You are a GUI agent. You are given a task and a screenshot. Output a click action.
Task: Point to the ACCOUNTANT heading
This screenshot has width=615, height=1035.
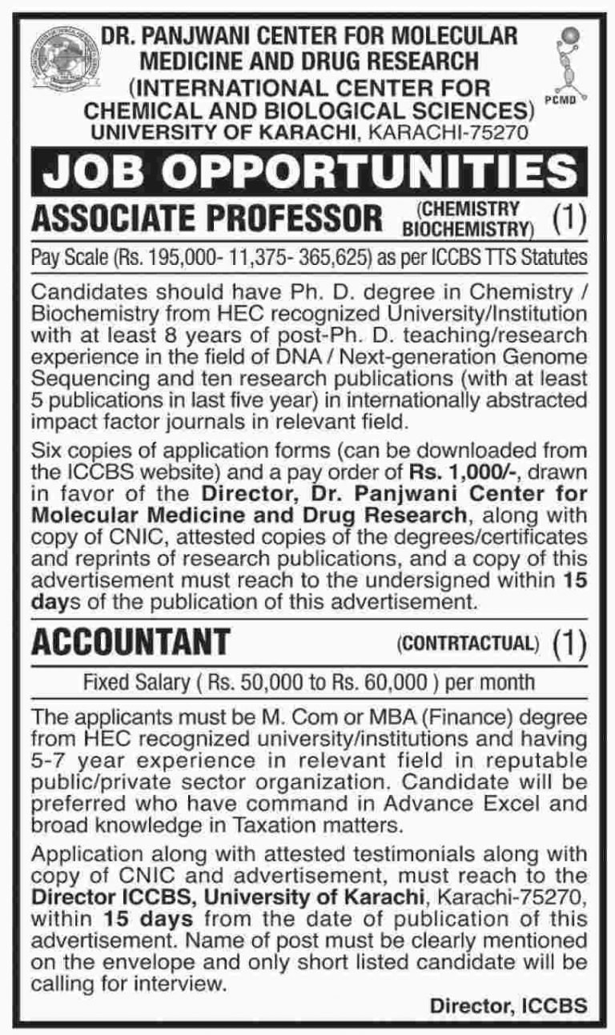(131, 640)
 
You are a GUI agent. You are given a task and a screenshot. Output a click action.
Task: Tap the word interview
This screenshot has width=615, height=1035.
(182, 979)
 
